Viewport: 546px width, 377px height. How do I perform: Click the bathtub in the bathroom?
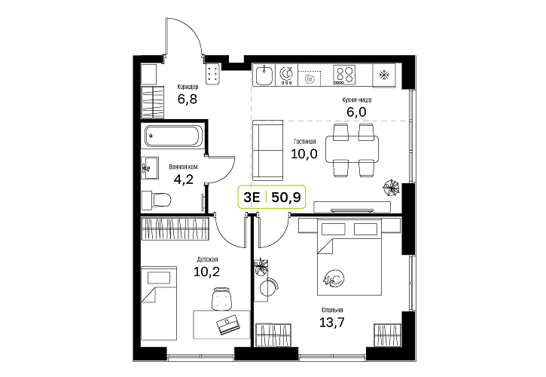(x=172, y=136)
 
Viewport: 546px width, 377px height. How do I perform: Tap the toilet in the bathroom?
(x=157, y=200)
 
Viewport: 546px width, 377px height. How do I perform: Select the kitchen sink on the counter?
(x=264, y=75)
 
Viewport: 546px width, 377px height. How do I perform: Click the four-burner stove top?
(x=344, y=75)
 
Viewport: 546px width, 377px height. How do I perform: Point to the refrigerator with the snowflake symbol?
(x=384, y=75)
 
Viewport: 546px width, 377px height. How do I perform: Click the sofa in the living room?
(x=267, y=150)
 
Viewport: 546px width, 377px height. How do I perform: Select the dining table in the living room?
(x=352, y=149)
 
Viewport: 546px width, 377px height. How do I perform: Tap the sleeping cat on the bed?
(x=334, y=279)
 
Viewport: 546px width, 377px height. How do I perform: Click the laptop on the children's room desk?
(x=227, y=324)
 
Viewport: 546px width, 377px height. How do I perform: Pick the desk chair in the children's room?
(x=221, y=299)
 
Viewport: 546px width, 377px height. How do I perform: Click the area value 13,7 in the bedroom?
(x=332, y=322)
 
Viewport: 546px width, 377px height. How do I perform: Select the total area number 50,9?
(x=286, y=198)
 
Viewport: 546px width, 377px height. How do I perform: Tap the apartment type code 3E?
(x=252, y=198)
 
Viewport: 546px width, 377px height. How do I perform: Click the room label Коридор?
(x=188, y=87)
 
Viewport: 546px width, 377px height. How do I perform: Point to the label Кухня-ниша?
(x=356, y=100)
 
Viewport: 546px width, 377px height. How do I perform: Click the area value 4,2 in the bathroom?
(x=183, y=179)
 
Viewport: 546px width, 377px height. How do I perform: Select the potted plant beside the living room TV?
(x=391, y=188)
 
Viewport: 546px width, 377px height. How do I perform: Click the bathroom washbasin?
(x=150, y=167)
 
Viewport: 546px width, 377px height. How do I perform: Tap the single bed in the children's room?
(x=159, y=303)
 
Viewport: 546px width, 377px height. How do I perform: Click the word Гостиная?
(x=305, y=142)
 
